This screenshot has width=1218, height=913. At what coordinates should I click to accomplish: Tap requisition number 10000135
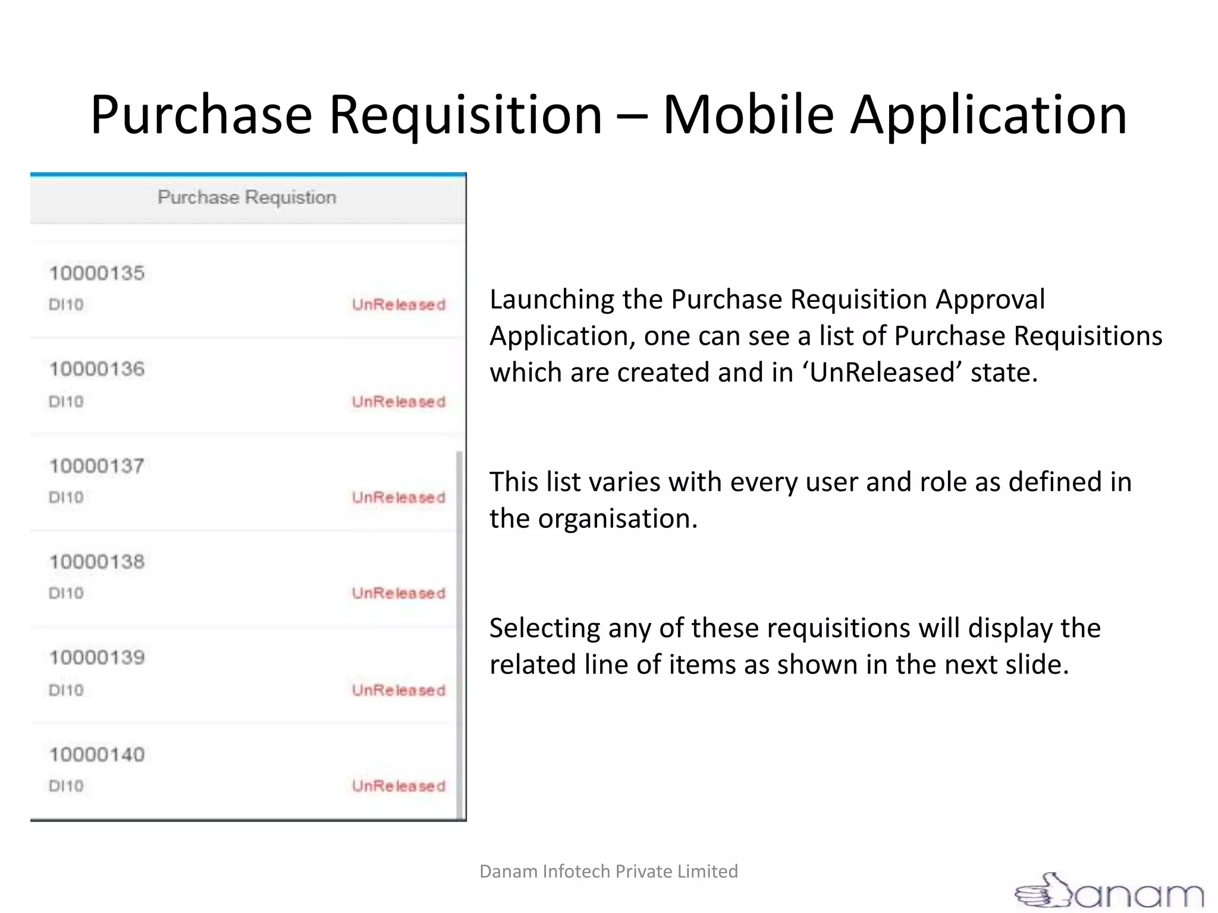[x=97, y=273]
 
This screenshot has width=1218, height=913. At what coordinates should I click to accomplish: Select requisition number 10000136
[x=97, y=369]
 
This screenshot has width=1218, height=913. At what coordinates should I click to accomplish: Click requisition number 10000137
[x=97, y=466]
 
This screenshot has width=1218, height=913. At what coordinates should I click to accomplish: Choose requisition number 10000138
[x=97, y=562]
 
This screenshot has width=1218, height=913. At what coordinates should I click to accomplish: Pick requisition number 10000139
[x=97, y=657]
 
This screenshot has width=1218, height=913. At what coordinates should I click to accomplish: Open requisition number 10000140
[x=97, y=755]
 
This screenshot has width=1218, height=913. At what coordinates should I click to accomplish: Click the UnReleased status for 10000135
[x=398, y=305]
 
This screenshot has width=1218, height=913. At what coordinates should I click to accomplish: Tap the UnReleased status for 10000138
[x=398, y=593]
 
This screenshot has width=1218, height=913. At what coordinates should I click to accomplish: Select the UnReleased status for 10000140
[x=398, y=786]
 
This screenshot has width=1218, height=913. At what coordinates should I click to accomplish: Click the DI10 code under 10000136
[x=66, y=402]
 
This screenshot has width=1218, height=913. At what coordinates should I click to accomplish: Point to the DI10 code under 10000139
[x=66, y=690]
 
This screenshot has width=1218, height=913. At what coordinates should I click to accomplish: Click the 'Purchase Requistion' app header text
[x=247, y=197]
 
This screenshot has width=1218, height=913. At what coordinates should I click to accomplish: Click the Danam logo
[x=1109, y=891]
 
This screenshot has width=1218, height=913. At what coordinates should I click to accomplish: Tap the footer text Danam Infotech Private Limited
[x=608, y=871]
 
